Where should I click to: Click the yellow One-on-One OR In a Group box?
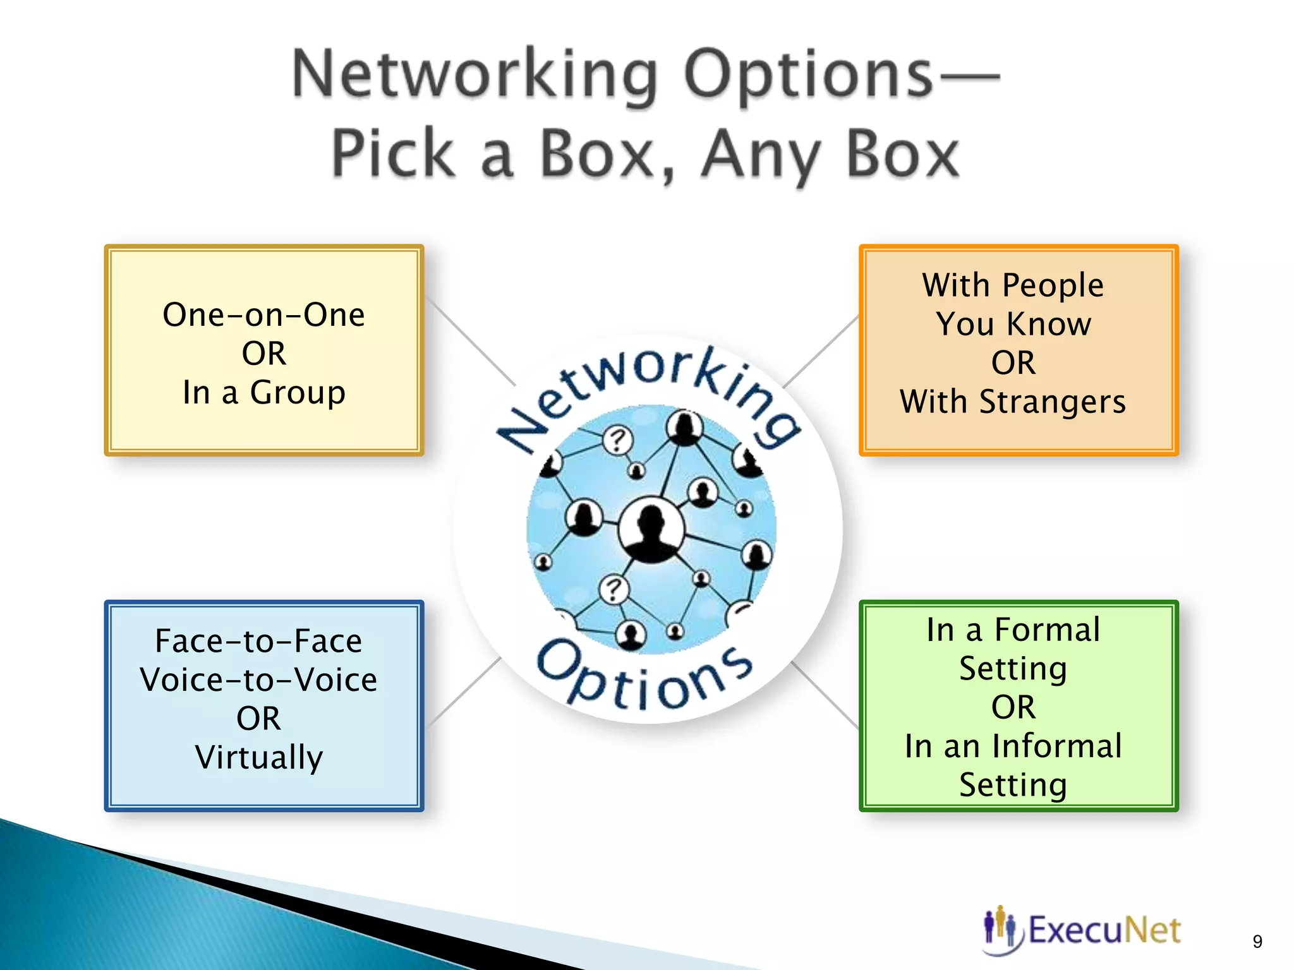click(x=264, y=350)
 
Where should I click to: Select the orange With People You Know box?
click(x=1019, y=350)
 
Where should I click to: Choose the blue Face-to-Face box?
click(x=264, y=705)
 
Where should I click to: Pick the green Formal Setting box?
click(x=1019, y=705)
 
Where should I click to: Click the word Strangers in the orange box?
click(x=1052, y=402)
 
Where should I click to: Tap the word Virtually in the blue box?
click(x=259, y=757)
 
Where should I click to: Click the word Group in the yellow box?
click(x=298, y=392)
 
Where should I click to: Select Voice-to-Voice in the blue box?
click(x=259, y=680)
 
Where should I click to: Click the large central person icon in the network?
click(x=651, y=528)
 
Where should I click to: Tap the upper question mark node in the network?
click(x=617, y=439)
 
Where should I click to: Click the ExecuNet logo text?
click(x=1104, y=930)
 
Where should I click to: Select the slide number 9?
click(x=1257, y=942)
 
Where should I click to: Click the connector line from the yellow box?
click(x=471, y=341)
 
